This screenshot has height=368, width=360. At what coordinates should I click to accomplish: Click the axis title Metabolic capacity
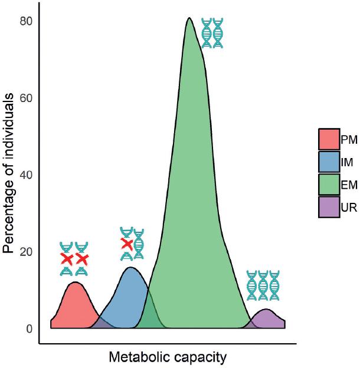click(168, 357)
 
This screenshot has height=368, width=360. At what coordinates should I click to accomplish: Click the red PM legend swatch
click(328, 139)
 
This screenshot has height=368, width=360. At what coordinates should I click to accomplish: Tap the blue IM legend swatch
click(328, 161)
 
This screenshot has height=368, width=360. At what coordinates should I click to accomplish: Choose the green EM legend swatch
click(328, 183)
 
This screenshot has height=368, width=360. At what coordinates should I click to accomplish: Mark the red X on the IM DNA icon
click(126, 244)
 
